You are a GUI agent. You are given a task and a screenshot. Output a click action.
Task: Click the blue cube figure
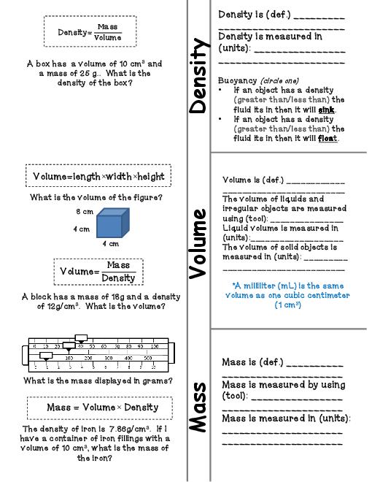[x=112, y=222]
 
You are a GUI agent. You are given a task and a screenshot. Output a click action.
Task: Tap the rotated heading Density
[x=198, y=76]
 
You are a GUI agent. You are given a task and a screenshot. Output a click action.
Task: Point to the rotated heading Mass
[x=198, y=405]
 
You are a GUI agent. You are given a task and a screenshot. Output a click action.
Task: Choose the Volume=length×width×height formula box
[x=98, y=176]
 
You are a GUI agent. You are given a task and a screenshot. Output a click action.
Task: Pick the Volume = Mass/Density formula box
[x=98, y=271]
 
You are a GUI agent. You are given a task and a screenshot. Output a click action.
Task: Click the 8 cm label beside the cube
[x=85, y=212]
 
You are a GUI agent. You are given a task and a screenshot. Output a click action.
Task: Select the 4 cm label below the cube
[x=110, y=244]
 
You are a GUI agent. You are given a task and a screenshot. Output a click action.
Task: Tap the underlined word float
[x=328, y=138]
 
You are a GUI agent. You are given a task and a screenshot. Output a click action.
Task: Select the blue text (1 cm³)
[x=287, y=305]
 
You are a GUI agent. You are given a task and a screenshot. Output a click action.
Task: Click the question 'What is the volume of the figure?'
[x=96, y=197]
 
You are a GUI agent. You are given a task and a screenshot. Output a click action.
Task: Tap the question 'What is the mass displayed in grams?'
[x=98, y=380]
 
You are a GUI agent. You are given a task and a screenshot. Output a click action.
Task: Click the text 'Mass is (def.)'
[x=252, y=362]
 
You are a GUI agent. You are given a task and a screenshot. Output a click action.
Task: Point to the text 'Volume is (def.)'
[x=252, y=179]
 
